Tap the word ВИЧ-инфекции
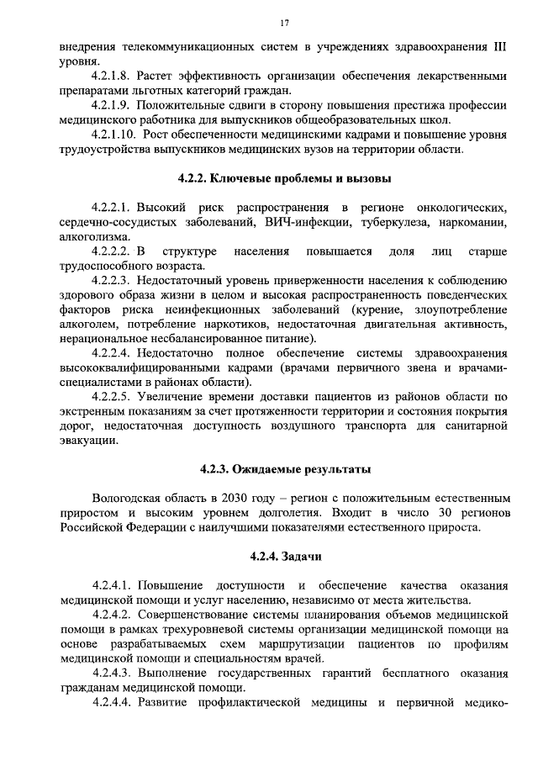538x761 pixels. click(x=286, y=222)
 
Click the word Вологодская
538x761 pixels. click(x=128, y=499)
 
